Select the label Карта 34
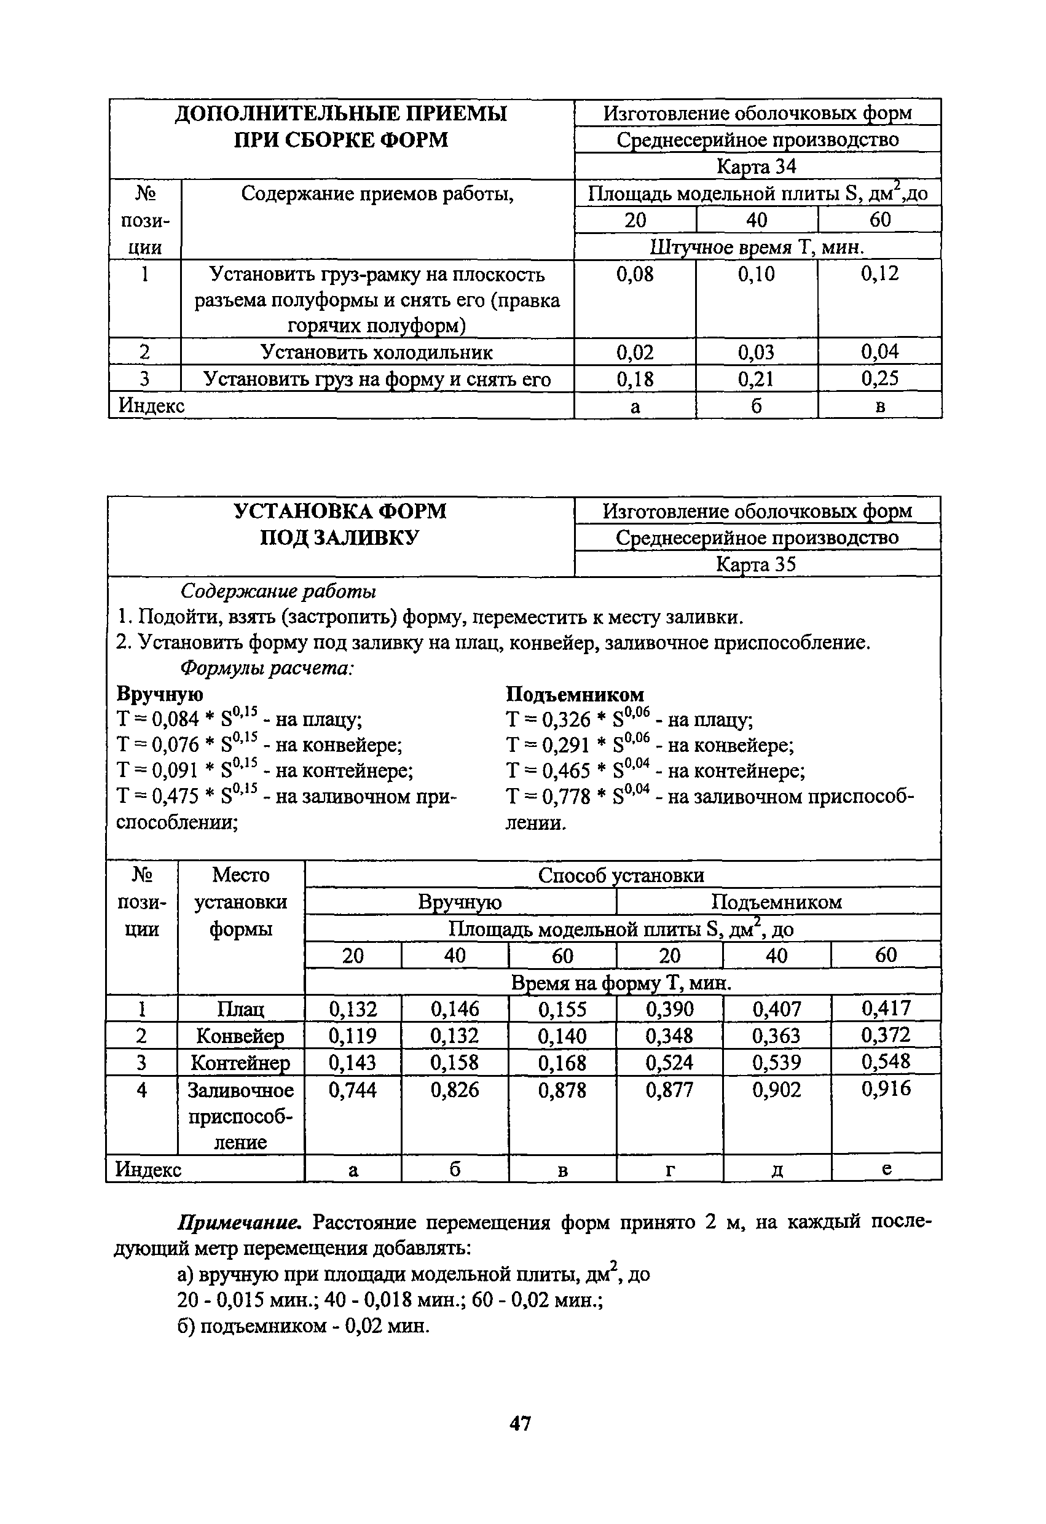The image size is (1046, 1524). [757, 166]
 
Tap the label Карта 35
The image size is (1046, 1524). [757, 564]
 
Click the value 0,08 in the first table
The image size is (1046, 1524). [635, 274]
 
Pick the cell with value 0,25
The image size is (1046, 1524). [879, 378]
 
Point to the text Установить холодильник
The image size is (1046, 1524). [377, 352]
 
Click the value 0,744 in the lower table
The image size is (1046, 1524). [352, 1090]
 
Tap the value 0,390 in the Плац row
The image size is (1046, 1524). [669, 1009]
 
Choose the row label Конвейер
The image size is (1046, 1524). [241, 1036]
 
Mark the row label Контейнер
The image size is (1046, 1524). [241, 1062]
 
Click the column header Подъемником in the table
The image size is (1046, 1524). [777, 902]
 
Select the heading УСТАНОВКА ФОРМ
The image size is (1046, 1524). [340, 512]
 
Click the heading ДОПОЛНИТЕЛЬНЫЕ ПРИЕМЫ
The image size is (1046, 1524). [341, 114]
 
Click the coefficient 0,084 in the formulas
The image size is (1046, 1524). [175, 719]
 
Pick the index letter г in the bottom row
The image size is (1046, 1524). [669, 1169]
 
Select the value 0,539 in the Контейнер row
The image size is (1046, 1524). [776, 1062]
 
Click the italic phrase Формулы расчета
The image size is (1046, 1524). [267, 668]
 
